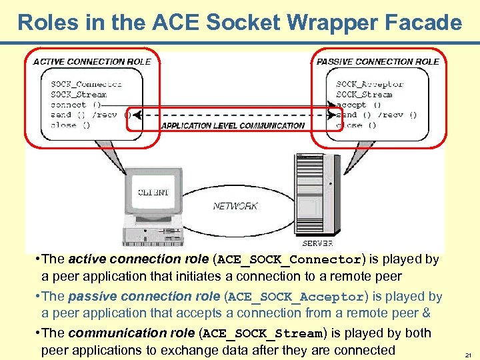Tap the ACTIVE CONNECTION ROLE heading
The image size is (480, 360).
[x=92, y=61]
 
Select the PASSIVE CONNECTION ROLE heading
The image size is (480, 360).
[x=378, y=61]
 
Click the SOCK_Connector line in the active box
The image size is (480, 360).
[x=86, y=84]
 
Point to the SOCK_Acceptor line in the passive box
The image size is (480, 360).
[x=370, y=84]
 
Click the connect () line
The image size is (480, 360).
[x=76, y=105]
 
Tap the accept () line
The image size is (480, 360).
[x=359, y=105]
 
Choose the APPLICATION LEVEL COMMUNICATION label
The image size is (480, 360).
[x=233, y=125]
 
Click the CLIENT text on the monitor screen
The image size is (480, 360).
[x=153, y=193]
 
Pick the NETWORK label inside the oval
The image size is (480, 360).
[x=235, y=206]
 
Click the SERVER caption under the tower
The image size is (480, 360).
[x=317, y=243]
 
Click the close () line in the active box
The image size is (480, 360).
[x=70, y=125]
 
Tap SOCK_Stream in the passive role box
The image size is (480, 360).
[x=364, y=95]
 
